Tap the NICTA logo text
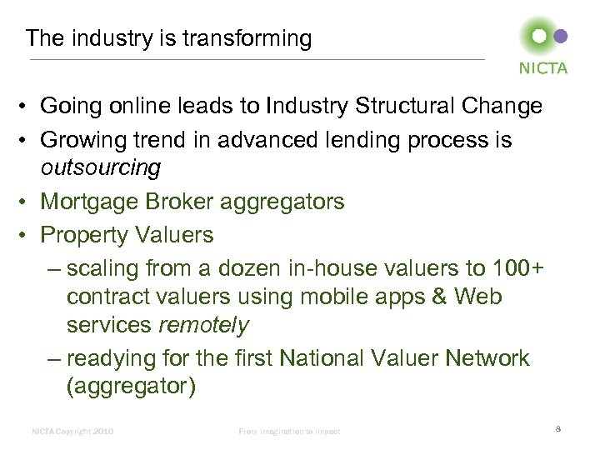pos(542,68)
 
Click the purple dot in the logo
pos(561,36)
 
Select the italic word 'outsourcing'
pos(102,167)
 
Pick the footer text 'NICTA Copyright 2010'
pos(72,431)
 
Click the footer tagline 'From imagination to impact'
pos(290,431)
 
